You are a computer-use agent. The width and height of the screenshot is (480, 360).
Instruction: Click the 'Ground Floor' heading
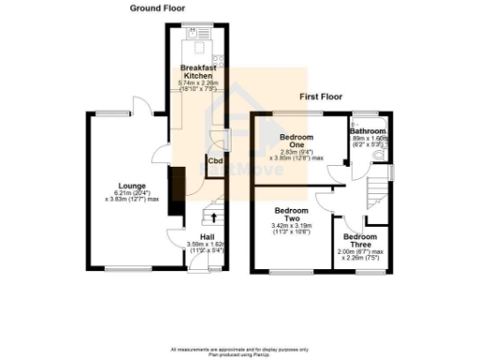[x=157, y=7]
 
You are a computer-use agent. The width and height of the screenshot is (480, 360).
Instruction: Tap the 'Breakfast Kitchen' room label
[x=198, y=70]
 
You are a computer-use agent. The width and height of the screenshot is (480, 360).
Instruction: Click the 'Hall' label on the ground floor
[x=207, y=236]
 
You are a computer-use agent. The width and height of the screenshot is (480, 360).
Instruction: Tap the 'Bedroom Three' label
[x=360, y=242]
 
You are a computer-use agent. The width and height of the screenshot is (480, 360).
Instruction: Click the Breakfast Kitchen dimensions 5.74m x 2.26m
[x=198, y=86]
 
